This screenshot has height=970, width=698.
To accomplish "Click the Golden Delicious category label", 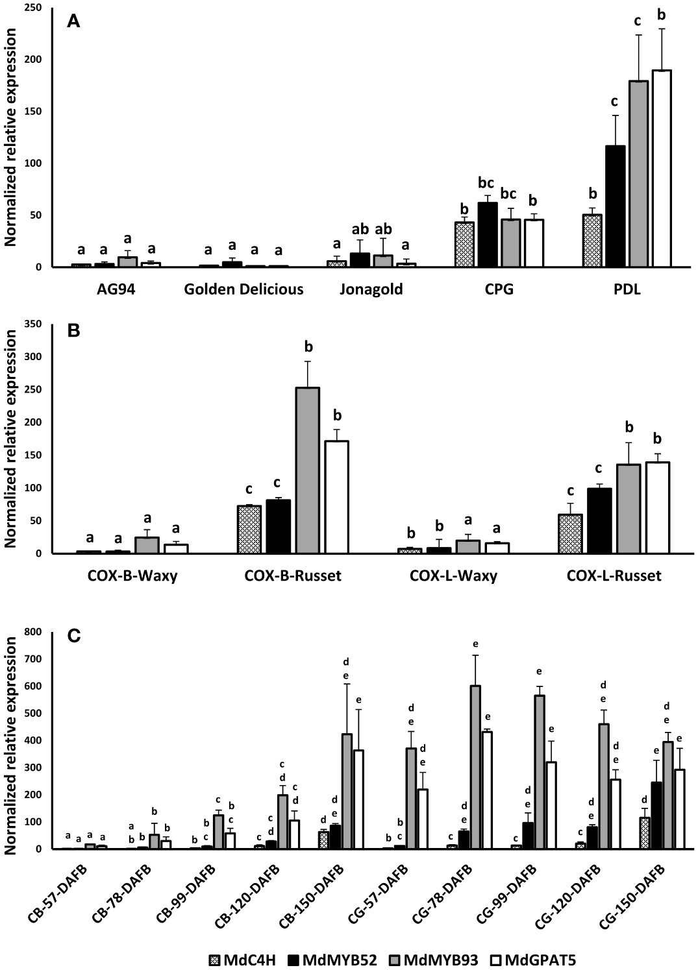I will (x=243, y=289).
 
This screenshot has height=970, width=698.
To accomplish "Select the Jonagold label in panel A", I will (x=371, y=289).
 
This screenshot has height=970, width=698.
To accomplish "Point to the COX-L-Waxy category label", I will (x=453, y=576).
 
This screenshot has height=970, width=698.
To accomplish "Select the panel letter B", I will (x=73, y=330).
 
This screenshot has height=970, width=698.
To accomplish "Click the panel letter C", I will (x=73, y=636).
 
